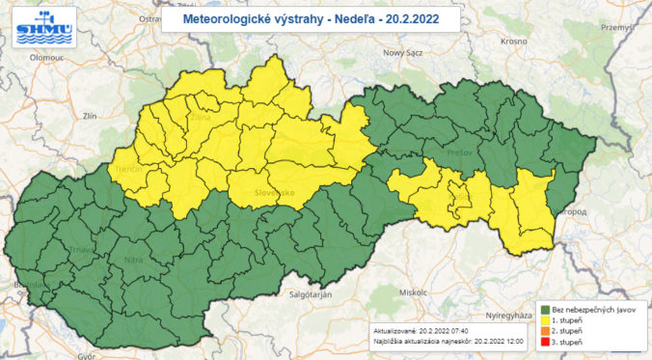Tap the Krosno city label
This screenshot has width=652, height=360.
tap(513, 42)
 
